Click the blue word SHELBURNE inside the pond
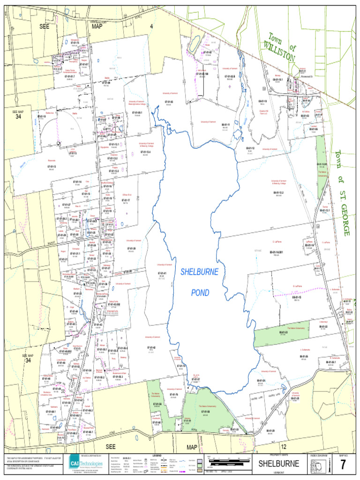[200, 272]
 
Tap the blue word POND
[200, 293]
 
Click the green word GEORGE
[345, 220]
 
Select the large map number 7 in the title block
[343, 465]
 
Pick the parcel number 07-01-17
[125, 201]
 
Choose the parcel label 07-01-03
[169, 102]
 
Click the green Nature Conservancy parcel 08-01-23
[283, 334]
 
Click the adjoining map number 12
[283, 447]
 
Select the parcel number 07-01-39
[131, 248]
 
